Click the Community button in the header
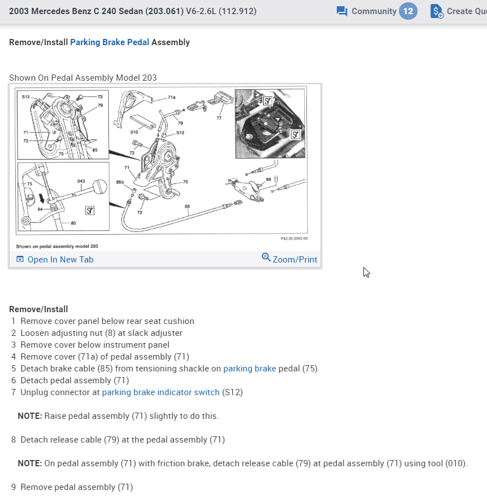367,11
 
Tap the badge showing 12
408,11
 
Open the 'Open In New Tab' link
55,260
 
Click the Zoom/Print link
289,259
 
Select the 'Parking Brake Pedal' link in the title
109,42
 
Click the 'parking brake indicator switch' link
160,392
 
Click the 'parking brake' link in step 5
249,369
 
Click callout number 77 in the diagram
219,118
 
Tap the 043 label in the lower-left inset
81,181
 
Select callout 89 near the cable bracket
269,179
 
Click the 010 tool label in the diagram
134,132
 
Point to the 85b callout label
120,182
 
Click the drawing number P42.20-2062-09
293,239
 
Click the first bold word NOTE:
30,416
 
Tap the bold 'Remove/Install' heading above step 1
38,309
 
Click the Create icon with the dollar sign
437,11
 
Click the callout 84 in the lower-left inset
40,208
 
